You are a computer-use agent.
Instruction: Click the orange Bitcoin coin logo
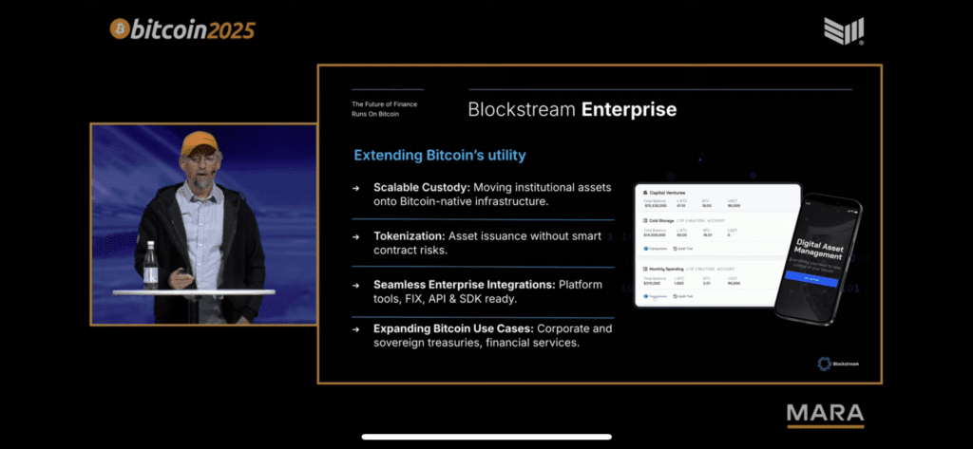point(121,29)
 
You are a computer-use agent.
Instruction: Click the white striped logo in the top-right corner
point(844,30)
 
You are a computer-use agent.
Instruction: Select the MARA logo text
point(825,414)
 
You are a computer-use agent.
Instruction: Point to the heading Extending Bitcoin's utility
point(440,155)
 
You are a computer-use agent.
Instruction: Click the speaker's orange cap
point(200,143)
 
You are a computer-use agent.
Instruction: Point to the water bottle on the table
point(150,265)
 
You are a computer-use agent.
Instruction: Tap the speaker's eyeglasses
point(200,159)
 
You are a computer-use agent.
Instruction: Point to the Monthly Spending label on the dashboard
point(669,270)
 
